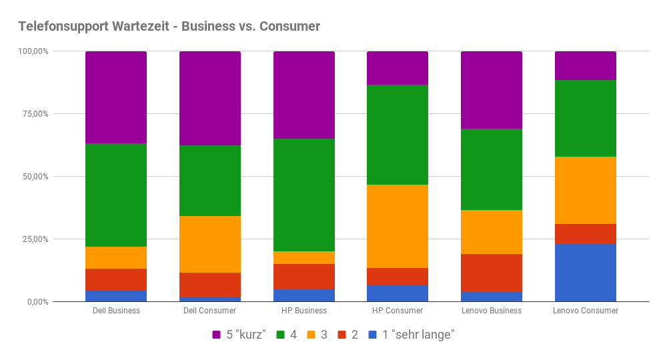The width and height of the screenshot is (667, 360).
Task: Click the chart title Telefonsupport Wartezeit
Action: click(x=169, y=27)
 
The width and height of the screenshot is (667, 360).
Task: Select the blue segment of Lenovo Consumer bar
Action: click(x=586, y=273)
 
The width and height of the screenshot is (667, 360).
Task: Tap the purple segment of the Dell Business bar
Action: click(x=116, y=97)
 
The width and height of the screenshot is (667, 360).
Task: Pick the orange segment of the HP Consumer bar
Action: click(x=398, y=226)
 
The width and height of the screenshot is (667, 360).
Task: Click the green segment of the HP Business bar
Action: click(x=304, y=195)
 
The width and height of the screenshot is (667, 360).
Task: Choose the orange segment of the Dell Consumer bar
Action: click(x=210, y=244)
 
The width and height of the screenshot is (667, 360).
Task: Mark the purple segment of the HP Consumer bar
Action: click(x=398, y=68)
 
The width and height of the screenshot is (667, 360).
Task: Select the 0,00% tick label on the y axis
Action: click(x=37, y=302)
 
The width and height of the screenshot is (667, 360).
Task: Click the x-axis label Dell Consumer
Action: click(x=210, y=311)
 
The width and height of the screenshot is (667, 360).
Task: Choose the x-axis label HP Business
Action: click(x=304, y=311)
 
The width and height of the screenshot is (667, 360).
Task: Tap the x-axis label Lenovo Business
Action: click(x=492, y=311)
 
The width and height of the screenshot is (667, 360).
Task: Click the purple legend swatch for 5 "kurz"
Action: click(x=217, y=335)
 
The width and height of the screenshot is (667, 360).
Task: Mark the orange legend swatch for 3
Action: click(x=312, y=335)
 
